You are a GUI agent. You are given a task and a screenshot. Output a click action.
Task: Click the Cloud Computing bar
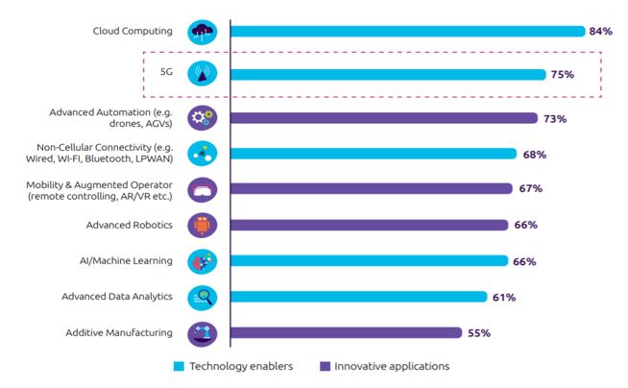[x=407, y=32]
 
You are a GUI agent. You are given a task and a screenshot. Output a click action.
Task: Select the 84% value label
[x=601, y=32]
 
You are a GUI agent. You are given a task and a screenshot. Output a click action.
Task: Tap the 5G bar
[x=388, y=74]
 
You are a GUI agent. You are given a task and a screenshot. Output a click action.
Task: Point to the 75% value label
[x=563, y=74]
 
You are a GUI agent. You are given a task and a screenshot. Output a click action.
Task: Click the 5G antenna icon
[x=203, y=73]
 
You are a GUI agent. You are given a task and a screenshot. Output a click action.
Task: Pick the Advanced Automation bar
[x=383, y=118]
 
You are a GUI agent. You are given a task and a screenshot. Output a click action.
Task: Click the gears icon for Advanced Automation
[x=203, y=118]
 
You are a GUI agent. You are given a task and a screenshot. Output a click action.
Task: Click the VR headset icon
[x=203, y=189]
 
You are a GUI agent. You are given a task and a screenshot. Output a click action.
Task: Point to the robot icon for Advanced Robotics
[x=203, y=225]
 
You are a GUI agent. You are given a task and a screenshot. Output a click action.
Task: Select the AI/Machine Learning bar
[x=369, y=261]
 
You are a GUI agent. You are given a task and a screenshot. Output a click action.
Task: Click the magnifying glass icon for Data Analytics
[x=203, y=297]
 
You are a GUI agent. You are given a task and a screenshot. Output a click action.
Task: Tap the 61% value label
[x=504, y=297]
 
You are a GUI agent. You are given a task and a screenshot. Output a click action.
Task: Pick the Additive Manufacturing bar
[x=346, y=333]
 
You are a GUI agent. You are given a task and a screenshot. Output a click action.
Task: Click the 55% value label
[x=479, y=333]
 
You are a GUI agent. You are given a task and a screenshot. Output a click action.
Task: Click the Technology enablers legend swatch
[x=179, y=366]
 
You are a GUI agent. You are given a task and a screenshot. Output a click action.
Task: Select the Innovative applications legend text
[x=392, y=366]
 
